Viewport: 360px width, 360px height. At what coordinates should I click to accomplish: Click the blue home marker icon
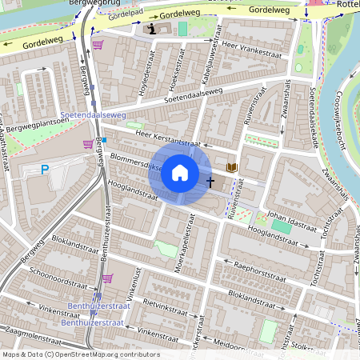180,173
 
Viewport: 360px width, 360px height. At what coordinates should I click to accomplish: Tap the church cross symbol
211,182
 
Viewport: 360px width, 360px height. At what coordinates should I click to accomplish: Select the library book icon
232,167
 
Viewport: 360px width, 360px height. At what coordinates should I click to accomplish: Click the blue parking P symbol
46,169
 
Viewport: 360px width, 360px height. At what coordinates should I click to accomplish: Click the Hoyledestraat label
143,79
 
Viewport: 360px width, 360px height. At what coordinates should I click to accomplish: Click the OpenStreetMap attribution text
80,354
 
